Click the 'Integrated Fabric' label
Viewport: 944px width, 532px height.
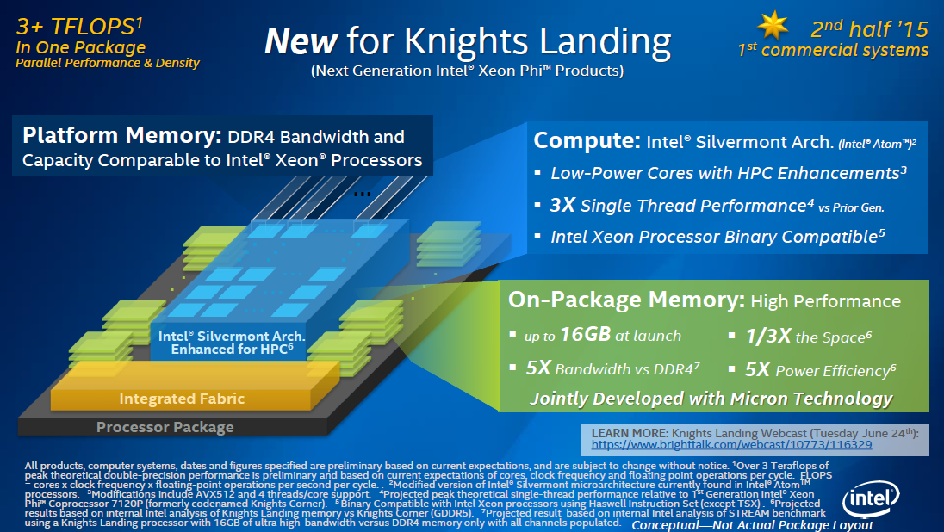tap(182, 399)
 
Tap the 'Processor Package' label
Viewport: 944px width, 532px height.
tap(165, 427)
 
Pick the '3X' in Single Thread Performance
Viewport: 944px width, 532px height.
tap(562, 205)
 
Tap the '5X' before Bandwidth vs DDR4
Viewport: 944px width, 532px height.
tap(537, 369)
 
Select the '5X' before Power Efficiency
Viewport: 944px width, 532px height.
tap(757, 369)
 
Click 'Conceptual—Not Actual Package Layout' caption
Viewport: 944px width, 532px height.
tap(752, 524)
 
